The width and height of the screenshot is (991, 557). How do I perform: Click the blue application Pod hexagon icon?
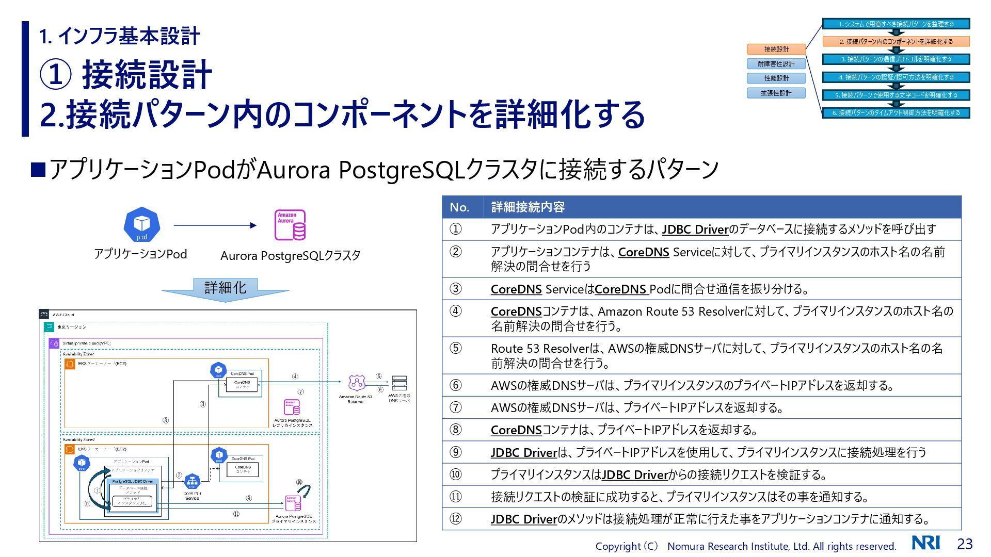pos(142,225)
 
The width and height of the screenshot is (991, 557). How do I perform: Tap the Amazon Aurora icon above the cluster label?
pos(290,225)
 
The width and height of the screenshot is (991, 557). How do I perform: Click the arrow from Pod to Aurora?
pos(215,225)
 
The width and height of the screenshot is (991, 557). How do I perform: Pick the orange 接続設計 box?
pos(776,49)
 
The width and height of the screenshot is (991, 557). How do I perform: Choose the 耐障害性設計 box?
pos(776,63)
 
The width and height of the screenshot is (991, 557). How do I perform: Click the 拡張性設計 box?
pos(776,93)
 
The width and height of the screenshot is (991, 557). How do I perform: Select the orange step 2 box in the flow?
pos(896,41)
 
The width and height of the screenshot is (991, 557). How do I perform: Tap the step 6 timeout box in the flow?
pos(896,112)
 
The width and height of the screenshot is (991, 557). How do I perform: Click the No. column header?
pos(459,207)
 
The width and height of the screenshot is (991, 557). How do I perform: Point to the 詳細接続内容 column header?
pos(528,207)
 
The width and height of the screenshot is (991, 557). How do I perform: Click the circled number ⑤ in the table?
pos(456,348)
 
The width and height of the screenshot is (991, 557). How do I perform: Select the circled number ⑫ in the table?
pos(456,519)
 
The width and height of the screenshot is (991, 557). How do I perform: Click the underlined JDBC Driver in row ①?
pos(695,230)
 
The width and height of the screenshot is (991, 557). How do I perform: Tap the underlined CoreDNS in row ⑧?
pos(516,430)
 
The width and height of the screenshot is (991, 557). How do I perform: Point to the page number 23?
pos(965,544)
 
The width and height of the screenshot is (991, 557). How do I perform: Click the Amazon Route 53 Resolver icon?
pos(356,383)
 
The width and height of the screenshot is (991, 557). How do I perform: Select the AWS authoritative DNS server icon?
pos(399,383)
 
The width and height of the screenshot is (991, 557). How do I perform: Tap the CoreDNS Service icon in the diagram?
pos(192,482)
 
